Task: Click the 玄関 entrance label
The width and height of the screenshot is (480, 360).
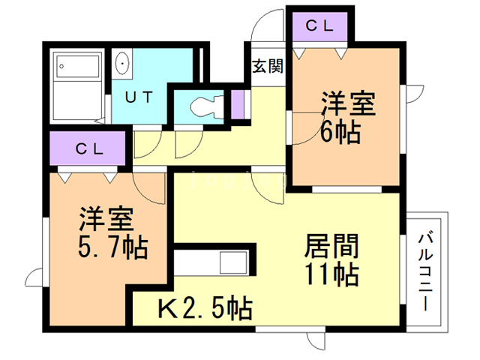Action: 266,66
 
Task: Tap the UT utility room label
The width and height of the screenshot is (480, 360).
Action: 139,97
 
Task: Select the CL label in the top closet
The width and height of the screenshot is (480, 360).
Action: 319,25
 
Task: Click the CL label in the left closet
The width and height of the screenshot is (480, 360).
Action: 88,147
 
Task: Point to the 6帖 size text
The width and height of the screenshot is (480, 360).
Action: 340,131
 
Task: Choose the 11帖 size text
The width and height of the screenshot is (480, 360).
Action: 331,274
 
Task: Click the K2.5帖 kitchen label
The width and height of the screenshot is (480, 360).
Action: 204,307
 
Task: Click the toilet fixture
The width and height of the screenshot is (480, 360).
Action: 205,105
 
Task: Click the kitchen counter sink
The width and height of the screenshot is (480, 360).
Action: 232,264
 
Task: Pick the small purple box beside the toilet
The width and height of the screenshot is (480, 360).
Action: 238,103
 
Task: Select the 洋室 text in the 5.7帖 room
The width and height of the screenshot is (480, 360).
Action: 106,218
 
